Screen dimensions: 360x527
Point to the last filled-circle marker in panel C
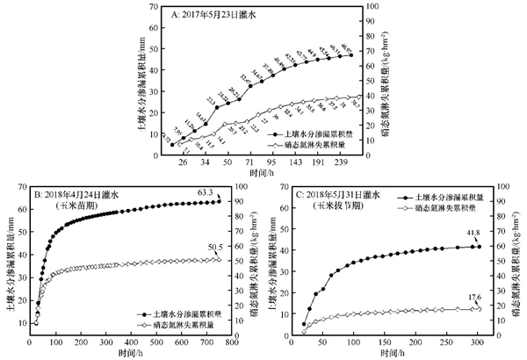[x=478, y=247]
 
